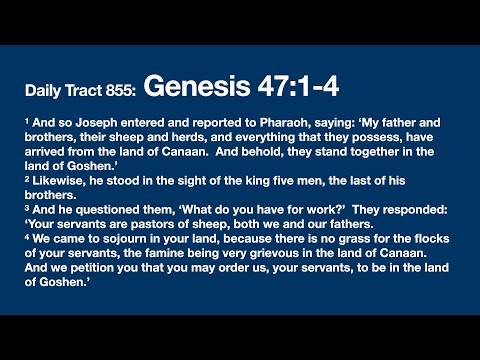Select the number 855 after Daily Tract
click(x=120, y=91)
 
